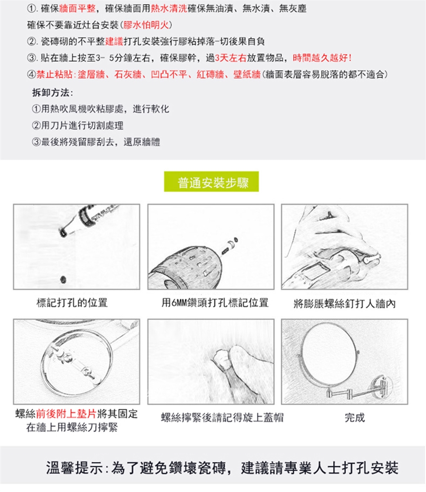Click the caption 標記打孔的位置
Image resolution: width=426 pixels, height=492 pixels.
[72, 303]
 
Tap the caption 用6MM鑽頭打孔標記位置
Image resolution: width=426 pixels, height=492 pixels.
[215, 303]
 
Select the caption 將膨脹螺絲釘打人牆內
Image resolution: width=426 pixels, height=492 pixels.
[344, 304]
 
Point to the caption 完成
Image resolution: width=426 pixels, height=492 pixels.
[355, 417]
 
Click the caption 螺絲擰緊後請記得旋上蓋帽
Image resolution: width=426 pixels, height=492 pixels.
[222, 417]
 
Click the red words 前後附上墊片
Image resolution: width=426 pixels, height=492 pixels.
[66, 414]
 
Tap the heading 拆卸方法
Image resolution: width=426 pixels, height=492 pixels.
[52, 93]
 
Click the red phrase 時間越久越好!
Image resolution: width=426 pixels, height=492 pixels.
[322, 58]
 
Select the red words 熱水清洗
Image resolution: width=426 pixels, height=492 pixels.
[169, 8]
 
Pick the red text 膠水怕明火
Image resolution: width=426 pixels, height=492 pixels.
[146, 25]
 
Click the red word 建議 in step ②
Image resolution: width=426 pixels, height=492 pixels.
[114, 41]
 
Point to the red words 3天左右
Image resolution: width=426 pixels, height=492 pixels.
[231, 58]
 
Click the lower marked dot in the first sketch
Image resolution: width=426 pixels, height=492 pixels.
[63, 279]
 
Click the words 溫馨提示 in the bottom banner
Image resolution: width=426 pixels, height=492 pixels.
[74, 468]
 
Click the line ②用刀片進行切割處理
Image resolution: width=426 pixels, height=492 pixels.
[78, 126]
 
